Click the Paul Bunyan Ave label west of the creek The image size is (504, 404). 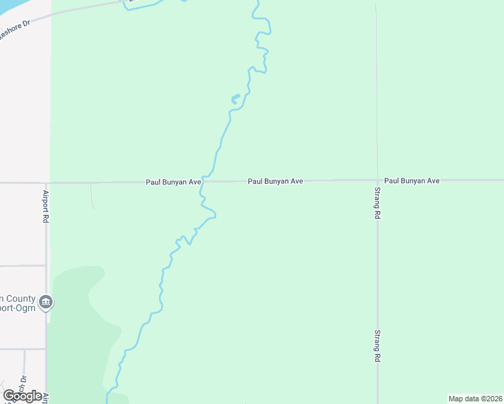[174, 182]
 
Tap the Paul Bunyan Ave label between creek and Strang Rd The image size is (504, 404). [275, 181]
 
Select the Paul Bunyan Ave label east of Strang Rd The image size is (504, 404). [412, 181]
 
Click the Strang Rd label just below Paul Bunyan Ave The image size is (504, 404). [378, 204]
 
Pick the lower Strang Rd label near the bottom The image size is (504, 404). [378, 346]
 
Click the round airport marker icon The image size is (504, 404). [45, 301]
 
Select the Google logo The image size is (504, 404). [22, 396]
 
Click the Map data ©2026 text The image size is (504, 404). [474, 399]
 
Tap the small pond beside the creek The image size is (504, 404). [235, 99]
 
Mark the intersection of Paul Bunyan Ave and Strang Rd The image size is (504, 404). [377, 180]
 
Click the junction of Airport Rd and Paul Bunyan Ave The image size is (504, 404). [46, 182]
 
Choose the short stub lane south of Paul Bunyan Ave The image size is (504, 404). [92, 195]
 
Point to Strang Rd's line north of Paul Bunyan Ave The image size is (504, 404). [377, 101]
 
